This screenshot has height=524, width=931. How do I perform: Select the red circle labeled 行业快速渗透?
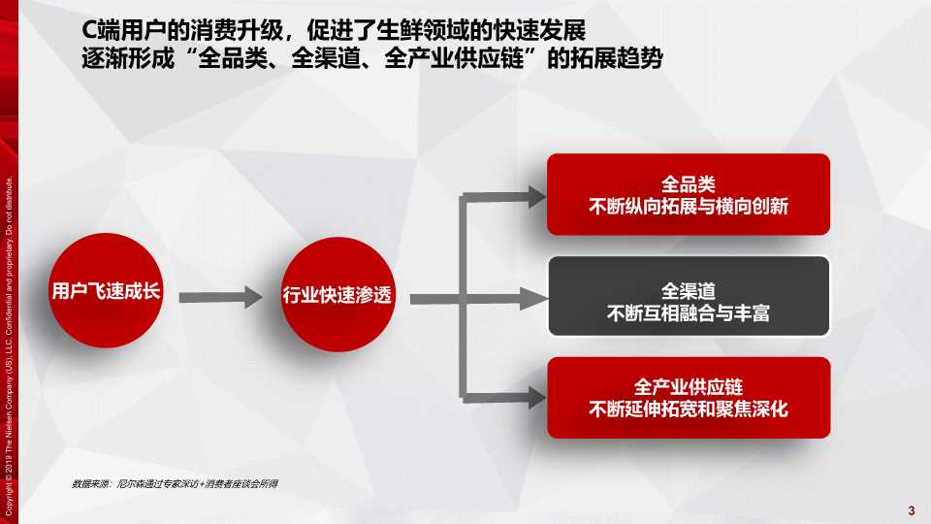tap(337, 294)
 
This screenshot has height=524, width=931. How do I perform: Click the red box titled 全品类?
tap(689, 194)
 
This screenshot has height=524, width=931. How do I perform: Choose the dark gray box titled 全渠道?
tap(689, 296)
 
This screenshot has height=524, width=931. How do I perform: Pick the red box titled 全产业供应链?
tap(689, 397)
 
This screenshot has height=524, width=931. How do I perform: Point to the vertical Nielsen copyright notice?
tap(10, 340)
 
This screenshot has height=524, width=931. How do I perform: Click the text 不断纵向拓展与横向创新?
tap(689, 207)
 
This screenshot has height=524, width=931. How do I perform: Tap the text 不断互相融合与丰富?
tap(689, 313)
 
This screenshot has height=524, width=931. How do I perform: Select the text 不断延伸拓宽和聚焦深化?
tap(689, 409)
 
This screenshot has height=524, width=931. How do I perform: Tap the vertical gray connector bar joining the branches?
tap(465, 295)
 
